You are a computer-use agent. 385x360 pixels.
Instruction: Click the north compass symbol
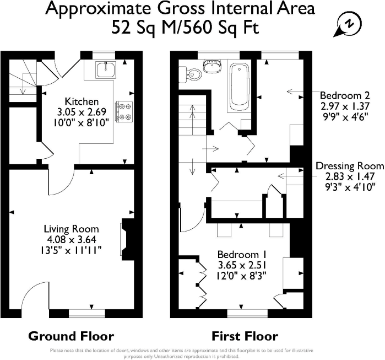point(348,24)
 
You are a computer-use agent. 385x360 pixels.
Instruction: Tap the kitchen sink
point(106,70)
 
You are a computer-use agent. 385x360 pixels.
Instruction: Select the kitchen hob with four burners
point(124,111)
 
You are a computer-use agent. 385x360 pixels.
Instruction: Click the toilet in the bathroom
point(190,73)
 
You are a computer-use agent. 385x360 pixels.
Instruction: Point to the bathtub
point(240,87)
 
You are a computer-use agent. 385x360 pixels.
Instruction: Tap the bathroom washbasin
point(213,66)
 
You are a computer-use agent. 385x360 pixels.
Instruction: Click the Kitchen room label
point(82,101)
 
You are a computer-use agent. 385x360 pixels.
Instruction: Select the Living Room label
point(72,229)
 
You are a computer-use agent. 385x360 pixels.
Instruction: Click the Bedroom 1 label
point(242,254)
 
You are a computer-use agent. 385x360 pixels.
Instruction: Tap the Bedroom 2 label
point(345,95)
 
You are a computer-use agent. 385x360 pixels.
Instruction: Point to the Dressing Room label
point(350,166)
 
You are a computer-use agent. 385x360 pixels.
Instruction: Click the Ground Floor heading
point(71,336)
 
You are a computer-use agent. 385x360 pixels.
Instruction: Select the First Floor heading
point(245,336)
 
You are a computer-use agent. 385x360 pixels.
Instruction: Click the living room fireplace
point(127,239)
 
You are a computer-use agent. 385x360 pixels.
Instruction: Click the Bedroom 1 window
point(247,314)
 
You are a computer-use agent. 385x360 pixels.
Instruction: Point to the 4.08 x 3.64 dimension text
point(72,239)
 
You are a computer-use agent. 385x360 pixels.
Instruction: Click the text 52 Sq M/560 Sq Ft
point(186,27)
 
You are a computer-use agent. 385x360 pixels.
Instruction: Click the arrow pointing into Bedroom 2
point(295,92)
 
